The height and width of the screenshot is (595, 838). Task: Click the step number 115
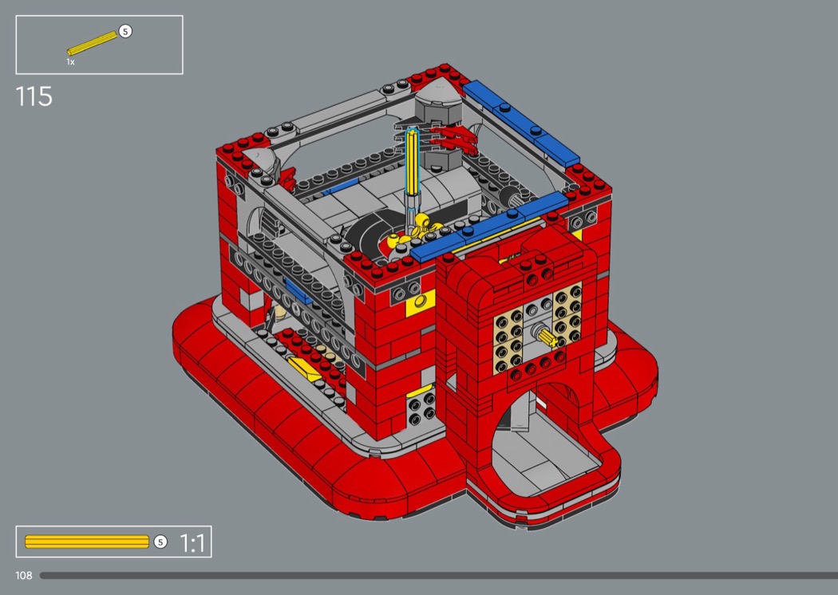[34, 97]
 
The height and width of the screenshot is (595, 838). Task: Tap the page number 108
[23, 575]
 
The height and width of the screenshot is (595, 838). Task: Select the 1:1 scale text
[192, 543]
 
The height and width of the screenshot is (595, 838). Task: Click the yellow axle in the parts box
[92, 43]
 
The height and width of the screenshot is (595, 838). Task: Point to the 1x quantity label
[70, 62]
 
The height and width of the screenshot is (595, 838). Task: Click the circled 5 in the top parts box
[125, 32]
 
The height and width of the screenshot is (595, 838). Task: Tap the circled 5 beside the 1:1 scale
[160, 542]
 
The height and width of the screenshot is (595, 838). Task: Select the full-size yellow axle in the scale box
[86, 542]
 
